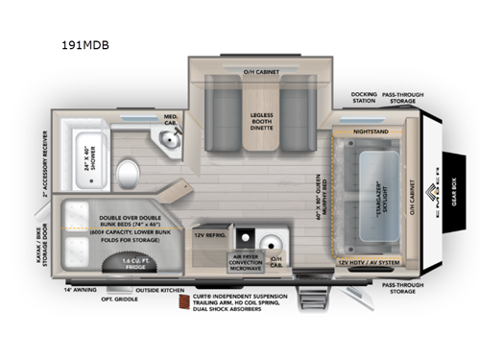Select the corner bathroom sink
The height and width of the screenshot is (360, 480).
[170, 143]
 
